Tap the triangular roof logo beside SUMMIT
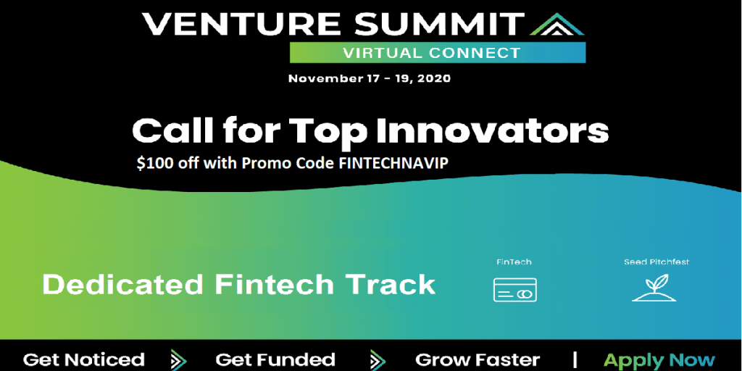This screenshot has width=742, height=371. click(x=557, y=25)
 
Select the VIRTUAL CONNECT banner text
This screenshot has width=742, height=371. click(x=432, y=52)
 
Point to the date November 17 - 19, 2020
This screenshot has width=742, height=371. click(x=370, y=78)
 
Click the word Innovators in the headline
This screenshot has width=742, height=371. click(x=492, y=130)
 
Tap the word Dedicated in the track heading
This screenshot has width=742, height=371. click(x=123, y=285)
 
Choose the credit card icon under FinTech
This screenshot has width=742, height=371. click(x=515, y=290)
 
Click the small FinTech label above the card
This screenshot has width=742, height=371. click(x=514, y=262)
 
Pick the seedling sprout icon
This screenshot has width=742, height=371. click(x=654, y=288)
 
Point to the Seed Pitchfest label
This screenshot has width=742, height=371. click(x=656, y=262)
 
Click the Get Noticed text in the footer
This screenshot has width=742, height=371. click(x=84, y=359)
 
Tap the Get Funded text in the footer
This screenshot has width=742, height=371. click(x=275, y=359)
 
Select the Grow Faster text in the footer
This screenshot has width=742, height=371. click(x=478, y=359)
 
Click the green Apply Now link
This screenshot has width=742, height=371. click(x=659, y=361)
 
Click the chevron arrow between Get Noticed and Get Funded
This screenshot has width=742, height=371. click(x=178, y=359)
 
